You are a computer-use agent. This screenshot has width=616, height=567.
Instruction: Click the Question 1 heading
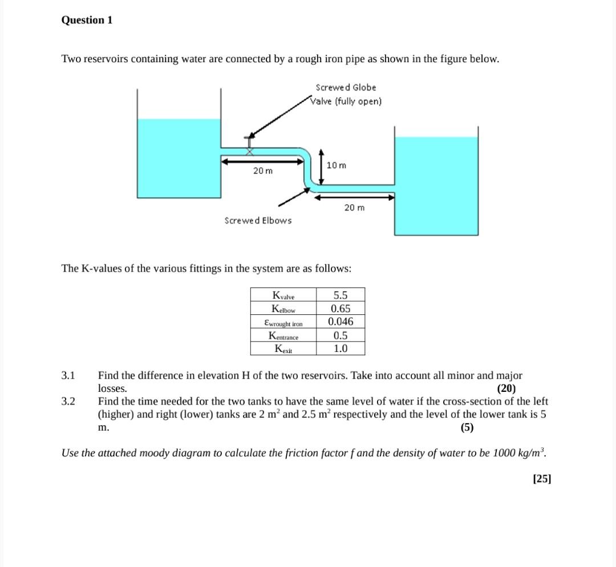pos(87,20)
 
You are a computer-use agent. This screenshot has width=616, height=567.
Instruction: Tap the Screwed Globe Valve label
pos(346,94)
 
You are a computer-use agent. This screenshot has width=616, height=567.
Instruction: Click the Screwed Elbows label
pos(258,220)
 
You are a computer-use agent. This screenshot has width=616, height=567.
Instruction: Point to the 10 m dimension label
pos(337,165)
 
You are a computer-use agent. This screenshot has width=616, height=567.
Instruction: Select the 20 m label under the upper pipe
pos(263,171)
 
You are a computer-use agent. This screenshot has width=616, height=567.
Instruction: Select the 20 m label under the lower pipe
pos(354,208)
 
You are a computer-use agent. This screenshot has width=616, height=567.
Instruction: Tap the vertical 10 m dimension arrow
pos(321,167)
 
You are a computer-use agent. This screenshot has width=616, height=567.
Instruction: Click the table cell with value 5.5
pos(341,295)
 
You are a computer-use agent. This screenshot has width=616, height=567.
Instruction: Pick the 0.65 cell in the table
pos(341,309)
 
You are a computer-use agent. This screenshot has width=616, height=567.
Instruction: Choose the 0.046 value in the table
pos(341,322)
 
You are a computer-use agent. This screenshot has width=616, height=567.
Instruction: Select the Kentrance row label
pos(283,335)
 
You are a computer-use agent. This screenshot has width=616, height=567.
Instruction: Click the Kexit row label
pos(283,349)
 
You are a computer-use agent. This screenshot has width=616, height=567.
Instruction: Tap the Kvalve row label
pos(283,295)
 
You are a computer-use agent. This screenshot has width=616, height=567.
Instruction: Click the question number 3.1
pos(68,375)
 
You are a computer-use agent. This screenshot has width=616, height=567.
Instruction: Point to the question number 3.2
pos(68,401)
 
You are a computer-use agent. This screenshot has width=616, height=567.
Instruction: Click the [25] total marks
pos(541,479)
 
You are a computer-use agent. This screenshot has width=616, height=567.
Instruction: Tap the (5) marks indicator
pos(467,427)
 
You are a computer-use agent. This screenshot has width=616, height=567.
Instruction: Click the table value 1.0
pos(341,349)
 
